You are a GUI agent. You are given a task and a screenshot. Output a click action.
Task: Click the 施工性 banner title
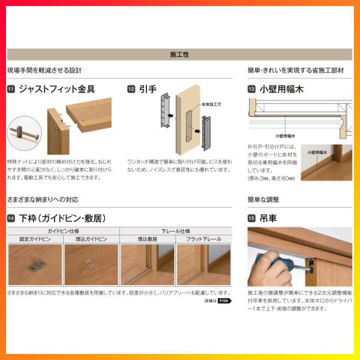pyautogui.click(x=179, y=54)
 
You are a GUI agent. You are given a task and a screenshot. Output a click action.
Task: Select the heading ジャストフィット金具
pyautogui.click(x=56, y=89)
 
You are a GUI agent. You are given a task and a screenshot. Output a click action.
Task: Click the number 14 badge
pyautogui.click(x=10, y=218)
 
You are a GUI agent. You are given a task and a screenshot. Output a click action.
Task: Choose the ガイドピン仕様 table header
pyautogui.click(x=63, y=231)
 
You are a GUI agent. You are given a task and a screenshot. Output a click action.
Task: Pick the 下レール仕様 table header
pyautogui.click(x=175, y=231)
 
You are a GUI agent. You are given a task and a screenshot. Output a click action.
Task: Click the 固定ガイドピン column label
pyautogui.click(x=35, y=239)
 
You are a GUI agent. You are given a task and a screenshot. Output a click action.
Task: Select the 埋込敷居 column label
pyautogui.click(x=147, y=239)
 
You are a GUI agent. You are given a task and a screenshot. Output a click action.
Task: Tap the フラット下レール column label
pyautogui.click(x=203, y=239)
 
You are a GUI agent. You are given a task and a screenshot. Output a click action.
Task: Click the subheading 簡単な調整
pyautogui.click(x=263, y=199)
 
